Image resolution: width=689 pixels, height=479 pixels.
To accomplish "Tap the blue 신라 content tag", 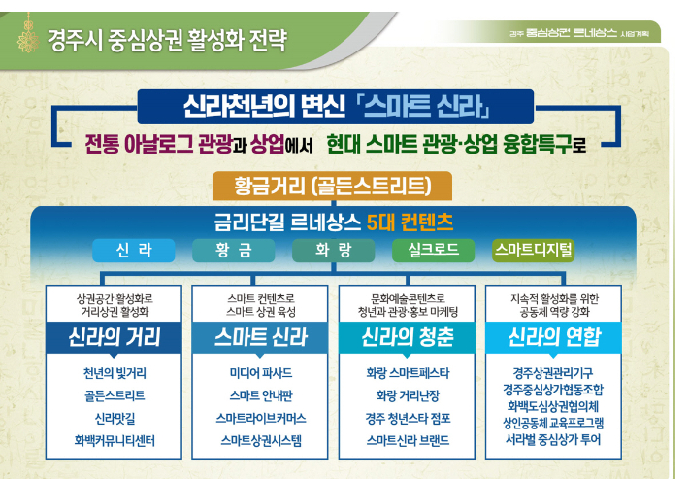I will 133,251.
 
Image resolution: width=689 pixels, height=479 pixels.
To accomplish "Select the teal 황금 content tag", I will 234,251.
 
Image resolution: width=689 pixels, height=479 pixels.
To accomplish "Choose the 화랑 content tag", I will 334,251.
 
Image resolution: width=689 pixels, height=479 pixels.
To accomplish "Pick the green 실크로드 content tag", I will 433,251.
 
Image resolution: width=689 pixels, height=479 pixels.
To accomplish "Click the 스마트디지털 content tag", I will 533,251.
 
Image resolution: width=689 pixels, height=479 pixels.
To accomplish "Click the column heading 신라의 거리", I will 114,338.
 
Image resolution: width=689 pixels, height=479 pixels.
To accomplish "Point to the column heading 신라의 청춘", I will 407,338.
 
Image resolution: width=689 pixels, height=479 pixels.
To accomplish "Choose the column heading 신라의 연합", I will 554,338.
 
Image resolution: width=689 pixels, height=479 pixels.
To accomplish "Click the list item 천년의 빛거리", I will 115,372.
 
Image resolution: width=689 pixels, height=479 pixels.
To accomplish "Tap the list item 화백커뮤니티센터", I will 115,440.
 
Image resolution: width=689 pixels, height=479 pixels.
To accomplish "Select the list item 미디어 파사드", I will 261,372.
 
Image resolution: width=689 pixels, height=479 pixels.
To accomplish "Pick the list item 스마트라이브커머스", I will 261,418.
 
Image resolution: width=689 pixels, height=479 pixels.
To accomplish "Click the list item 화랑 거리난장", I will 407,395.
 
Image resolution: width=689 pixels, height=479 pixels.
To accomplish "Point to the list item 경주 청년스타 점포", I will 407,418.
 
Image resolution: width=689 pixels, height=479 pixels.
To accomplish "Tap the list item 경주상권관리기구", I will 554,372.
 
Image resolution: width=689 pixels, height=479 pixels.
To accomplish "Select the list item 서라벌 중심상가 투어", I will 554,439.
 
